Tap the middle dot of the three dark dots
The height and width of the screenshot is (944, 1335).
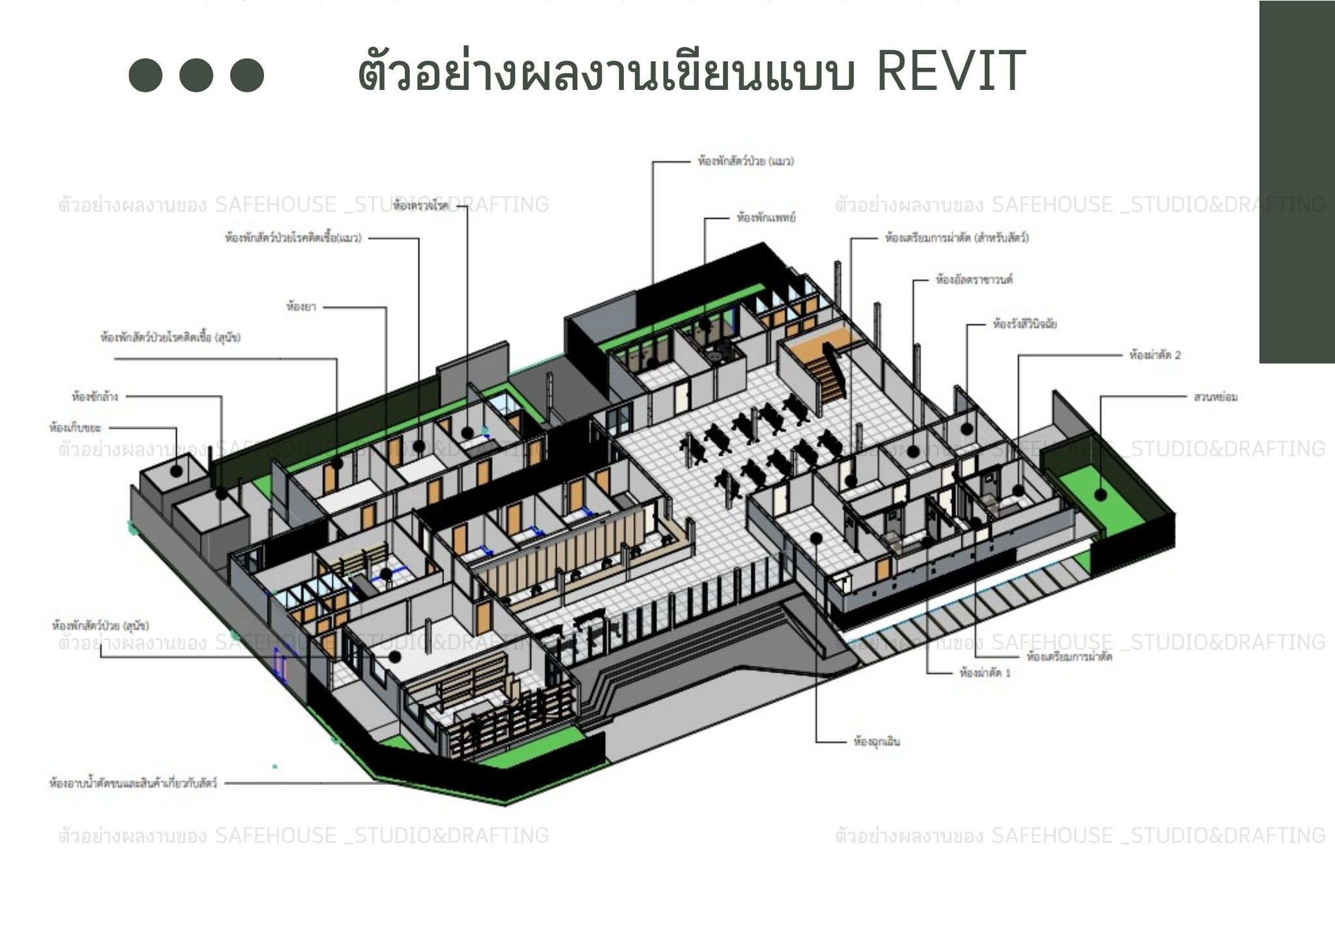coord(196,75)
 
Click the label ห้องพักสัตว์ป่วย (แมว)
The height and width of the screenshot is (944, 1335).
coord(746,161)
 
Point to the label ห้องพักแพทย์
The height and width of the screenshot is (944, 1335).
coord(766,218)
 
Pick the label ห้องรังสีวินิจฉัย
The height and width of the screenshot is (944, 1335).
coord(1024,323)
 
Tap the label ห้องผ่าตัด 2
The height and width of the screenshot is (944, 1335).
coord(1154,355)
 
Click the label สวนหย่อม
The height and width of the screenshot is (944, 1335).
coord(1215,396)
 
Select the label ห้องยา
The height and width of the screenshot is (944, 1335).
coord(301,306)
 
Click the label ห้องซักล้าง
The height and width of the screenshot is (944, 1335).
coord(95,396)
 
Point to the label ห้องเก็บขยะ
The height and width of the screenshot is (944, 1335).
coord(75,428)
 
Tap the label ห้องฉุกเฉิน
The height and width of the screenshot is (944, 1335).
coord(876,741)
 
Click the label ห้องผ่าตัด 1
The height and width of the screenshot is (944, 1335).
coord(984,672)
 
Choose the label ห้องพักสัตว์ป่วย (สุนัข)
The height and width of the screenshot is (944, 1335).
coord(100,626)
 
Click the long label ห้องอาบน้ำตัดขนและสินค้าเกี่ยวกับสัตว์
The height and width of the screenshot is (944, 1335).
coord(133,782)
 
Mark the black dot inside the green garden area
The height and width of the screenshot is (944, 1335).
coord(1101,495)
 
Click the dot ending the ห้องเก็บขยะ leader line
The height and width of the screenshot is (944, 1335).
coord(177,470)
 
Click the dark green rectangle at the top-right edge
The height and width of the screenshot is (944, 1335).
coord(1297,183)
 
